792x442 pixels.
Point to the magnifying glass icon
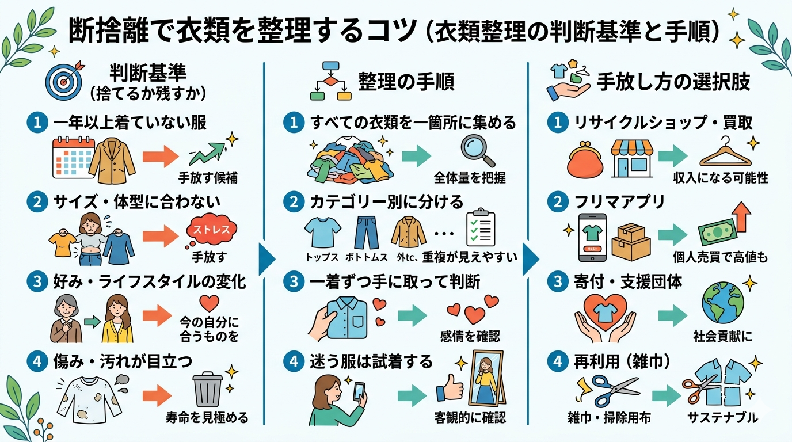[477, 152]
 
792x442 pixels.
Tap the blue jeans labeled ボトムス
[365, 231]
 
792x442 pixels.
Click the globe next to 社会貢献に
[722, 303]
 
